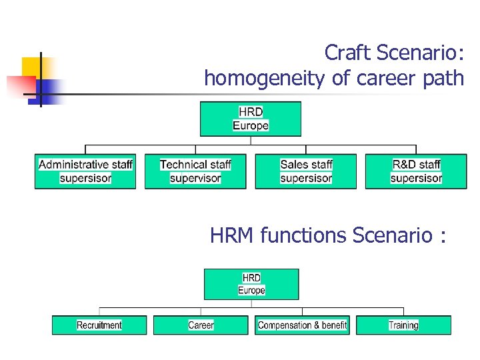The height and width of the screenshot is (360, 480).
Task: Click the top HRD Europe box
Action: [x=251, y=119]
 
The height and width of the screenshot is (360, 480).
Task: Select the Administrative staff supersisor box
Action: [x=85, y=171]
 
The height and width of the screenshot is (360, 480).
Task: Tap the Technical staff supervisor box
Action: [x=195, y=171]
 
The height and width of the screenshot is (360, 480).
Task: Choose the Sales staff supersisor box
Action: [x=306, y=171]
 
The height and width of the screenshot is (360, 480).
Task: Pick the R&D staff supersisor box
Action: [x=416, y=171]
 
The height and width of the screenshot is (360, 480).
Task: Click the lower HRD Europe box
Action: [x=251, y=284]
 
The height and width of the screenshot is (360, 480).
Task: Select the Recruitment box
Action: [x=99, y=325]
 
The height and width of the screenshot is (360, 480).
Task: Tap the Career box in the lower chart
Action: [x=201, y=325]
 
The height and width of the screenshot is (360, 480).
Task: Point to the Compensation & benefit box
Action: [x=302, y=325]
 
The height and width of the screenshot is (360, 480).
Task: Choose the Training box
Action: [x=403, y=325]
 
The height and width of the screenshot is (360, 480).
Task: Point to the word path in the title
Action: [x=443, y=79]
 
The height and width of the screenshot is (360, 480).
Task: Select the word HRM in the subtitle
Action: [x=233, y=235]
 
